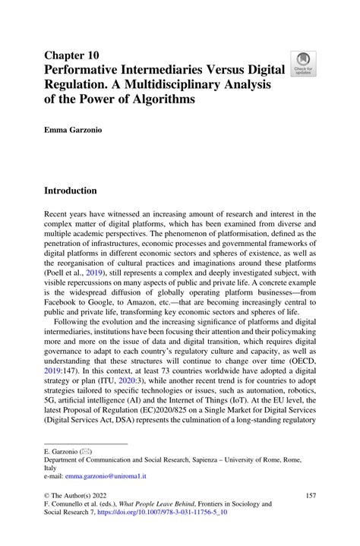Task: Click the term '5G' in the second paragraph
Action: click(53, 421)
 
